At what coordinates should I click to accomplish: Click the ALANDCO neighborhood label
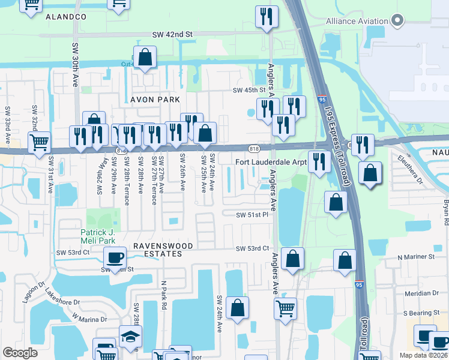click(x=66, y=17)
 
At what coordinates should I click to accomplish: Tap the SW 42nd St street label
click(x=172, y=35)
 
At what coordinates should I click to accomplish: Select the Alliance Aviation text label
click(x=357, y=21)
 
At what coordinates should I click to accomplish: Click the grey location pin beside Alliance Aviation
click(x=397, y=21)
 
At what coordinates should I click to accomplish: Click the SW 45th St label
click(x=249, y=90)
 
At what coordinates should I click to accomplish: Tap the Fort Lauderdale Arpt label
click(x=271, y=162)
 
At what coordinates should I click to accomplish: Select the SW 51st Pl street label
click(x=252, y=214)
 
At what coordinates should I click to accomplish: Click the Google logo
click(x=20, y=353)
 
